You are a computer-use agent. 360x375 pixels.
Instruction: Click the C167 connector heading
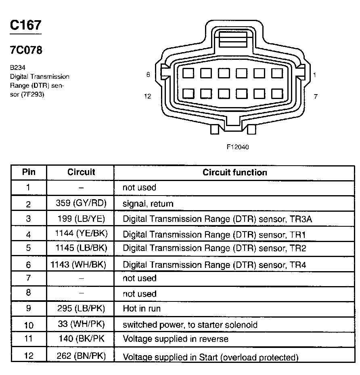(x=25, y=25)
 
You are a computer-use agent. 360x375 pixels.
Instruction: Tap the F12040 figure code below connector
(x=237, y=147)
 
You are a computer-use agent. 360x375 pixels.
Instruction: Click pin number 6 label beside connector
(x=148, y=75)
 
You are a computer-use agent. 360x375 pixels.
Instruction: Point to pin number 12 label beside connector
(x=147, y=96)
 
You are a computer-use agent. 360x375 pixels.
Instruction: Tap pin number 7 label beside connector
(x=316, y=96)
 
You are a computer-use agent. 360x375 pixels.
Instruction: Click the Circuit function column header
(x=234, y=173)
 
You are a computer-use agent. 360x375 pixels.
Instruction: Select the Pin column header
(x=28, y=172)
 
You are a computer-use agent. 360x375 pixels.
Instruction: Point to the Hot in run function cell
(x=142, y=309)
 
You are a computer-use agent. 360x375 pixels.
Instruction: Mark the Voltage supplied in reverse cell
(x=175, y=339)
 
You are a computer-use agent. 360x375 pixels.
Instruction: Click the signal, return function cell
(x=148, y=204)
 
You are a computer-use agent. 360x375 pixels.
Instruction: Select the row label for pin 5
(x=28, y=248)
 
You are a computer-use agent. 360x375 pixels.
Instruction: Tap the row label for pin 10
(x=28, y=324)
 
